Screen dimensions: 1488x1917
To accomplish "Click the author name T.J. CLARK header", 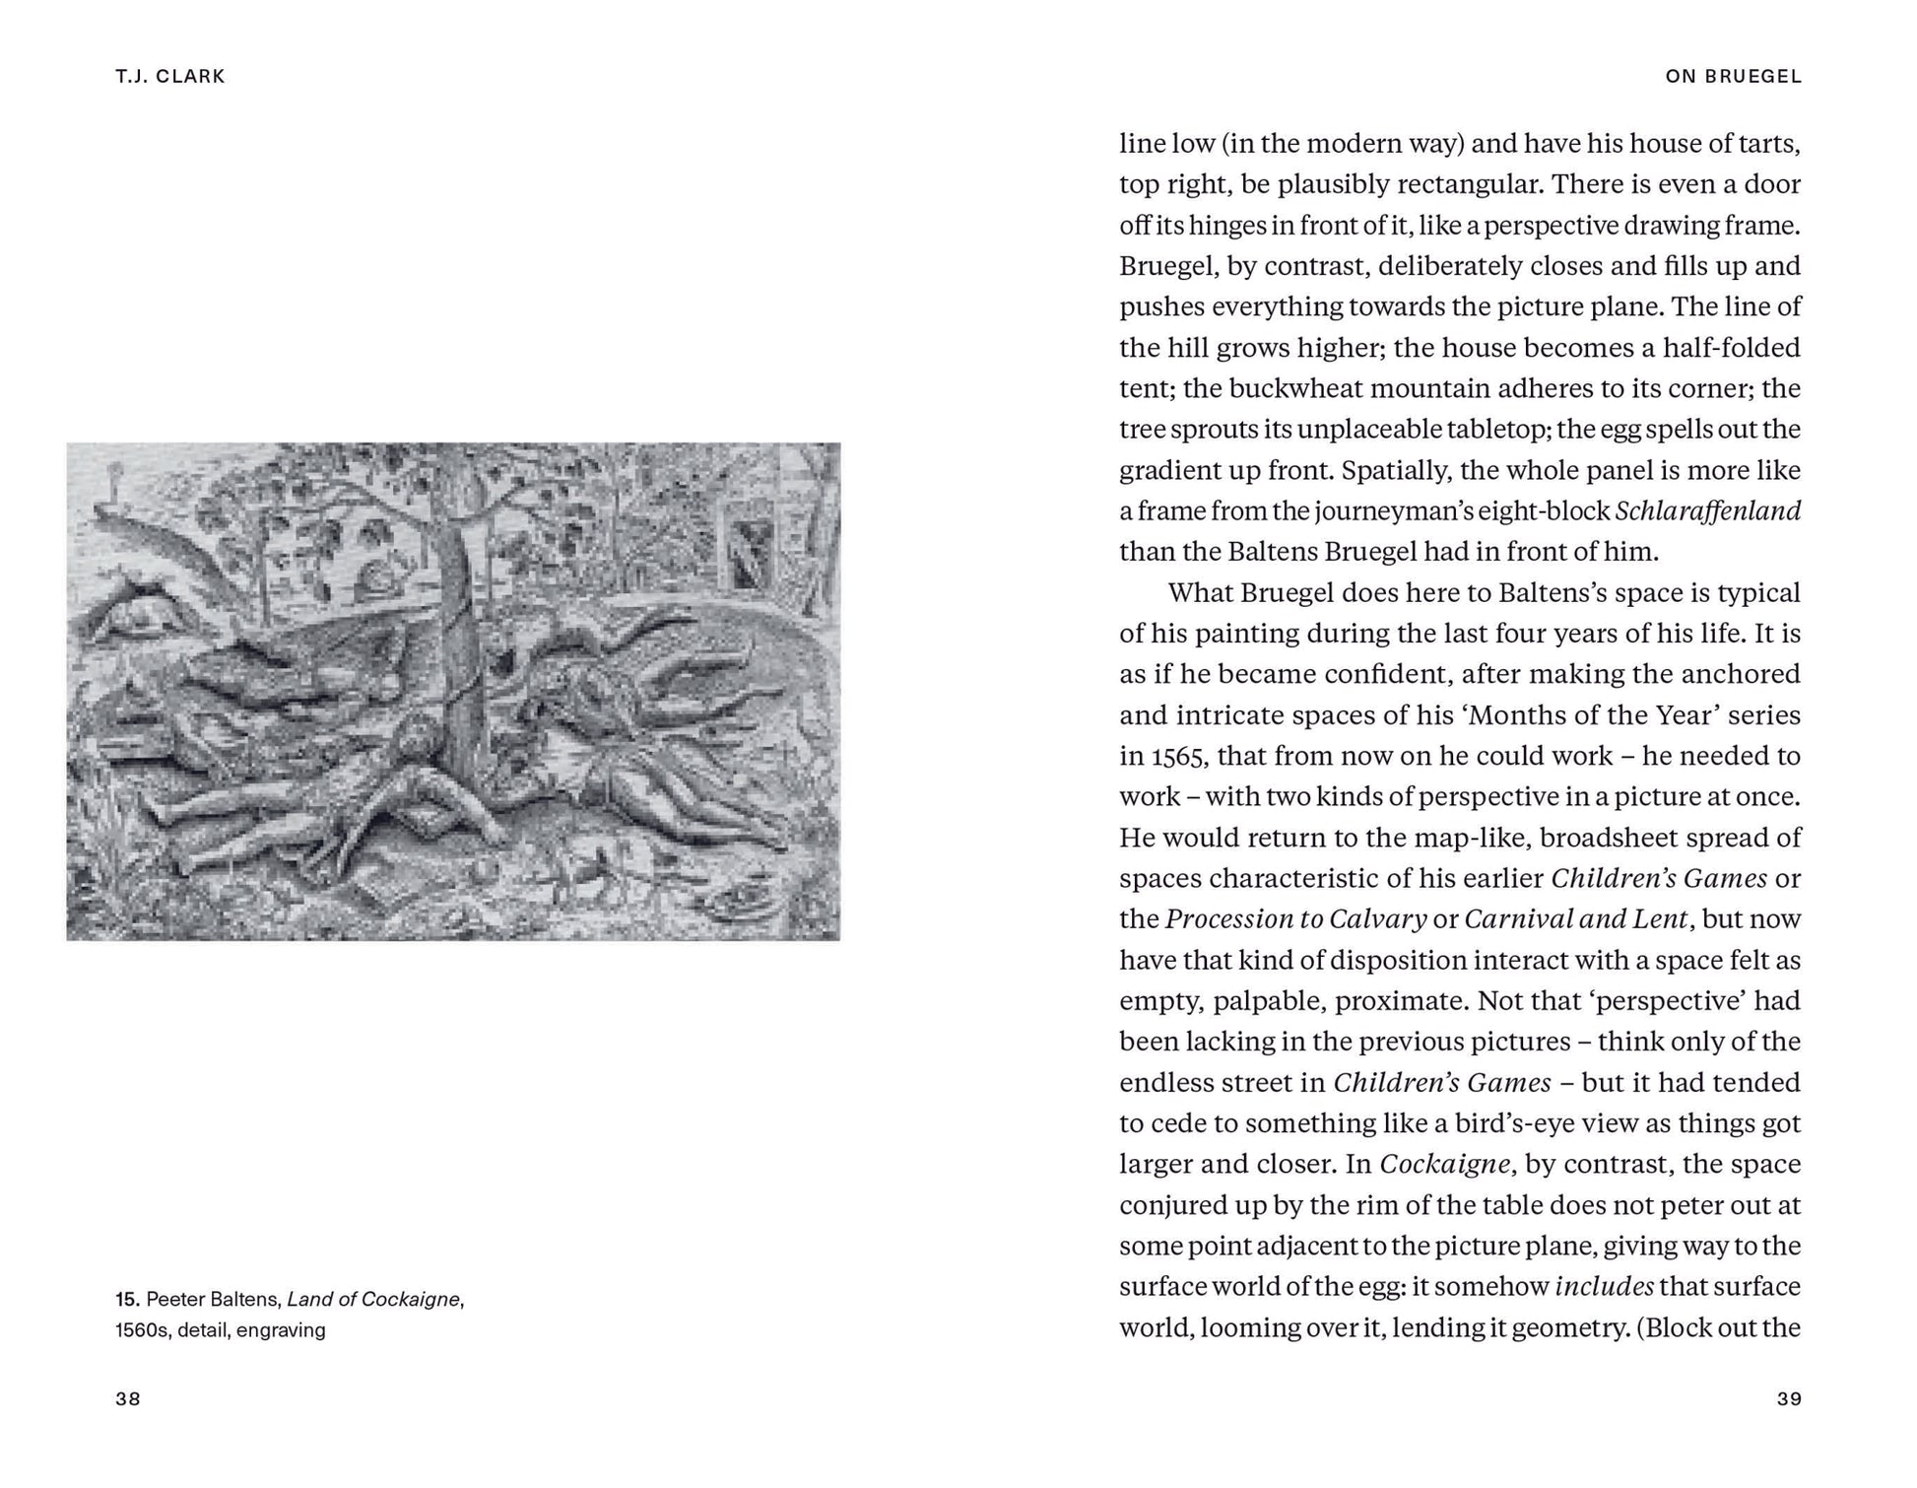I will [169, 76].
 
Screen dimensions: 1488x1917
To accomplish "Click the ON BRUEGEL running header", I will [1733, 76].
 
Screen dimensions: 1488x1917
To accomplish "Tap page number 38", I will [128, 1398].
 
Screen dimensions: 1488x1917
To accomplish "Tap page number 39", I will [1789, 1398].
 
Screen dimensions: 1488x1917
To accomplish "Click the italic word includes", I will [1605, 1286].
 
